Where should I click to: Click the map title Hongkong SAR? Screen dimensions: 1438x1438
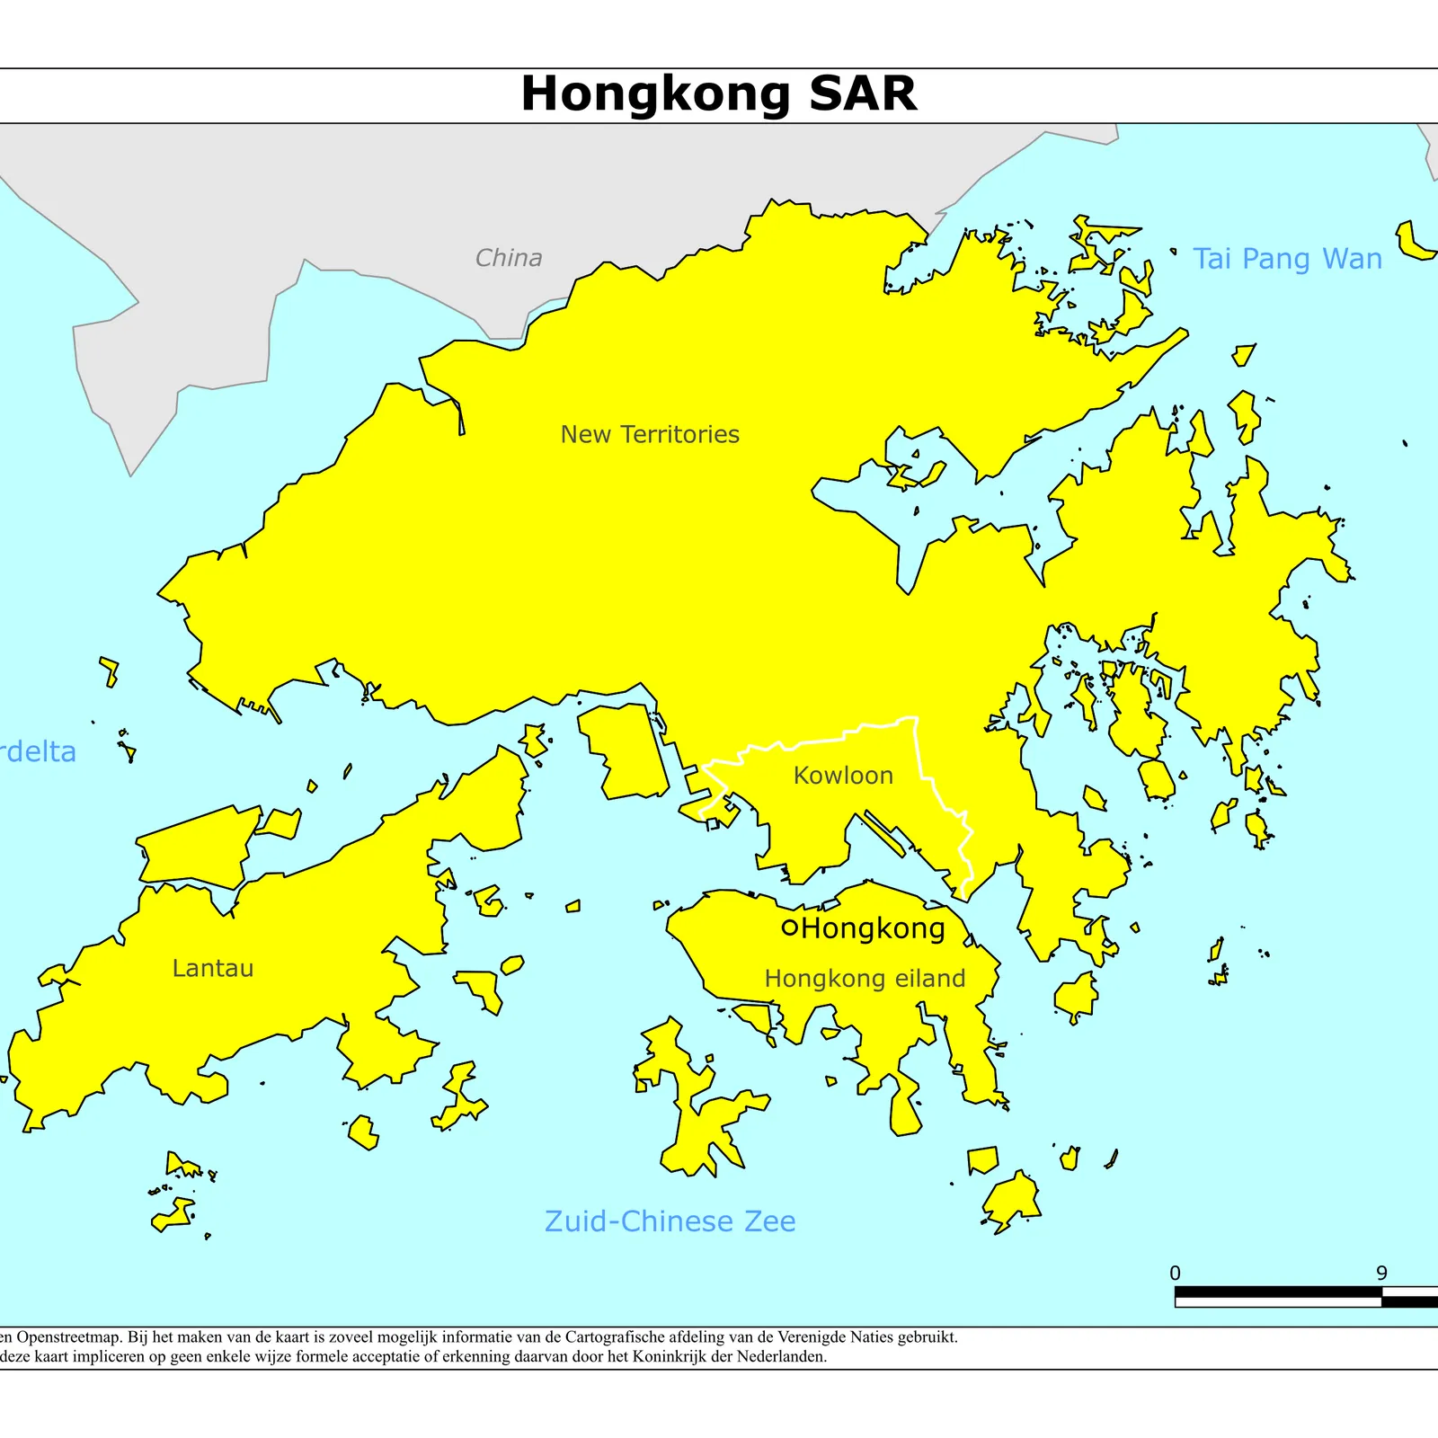point(719,93)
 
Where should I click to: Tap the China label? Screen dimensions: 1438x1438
point(509,258)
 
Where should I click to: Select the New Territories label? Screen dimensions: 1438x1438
point(650,434)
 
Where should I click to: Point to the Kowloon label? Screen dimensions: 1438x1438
point(843,776)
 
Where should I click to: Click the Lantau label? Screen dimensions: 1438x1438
point(213,968)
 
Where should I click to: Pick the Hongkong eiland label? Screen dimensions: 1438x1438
point(865,979)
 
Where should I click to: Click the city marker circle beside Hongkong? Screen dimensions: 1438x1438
point(790,928)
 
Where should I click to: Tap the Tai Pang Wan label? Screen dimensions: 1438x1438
point(1287,259)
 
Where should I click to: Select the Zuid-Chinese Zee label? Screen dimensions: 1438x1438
point(670,1221)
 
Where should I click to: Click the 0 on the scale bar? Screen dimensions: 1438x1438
point(1175,1274)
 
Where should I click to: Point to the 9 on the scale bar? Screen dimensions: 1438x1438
point(1381,1274)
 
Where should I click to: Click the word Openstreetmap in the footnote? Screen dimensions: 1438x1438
point(64,1337)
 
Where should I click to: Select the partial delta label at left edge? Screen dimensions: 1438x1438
point(38,751)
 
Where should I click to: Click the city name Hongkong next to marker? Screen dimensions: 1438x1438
point(873,928)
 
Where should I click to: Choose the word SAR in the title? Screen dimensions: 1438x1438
point(863,93)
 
